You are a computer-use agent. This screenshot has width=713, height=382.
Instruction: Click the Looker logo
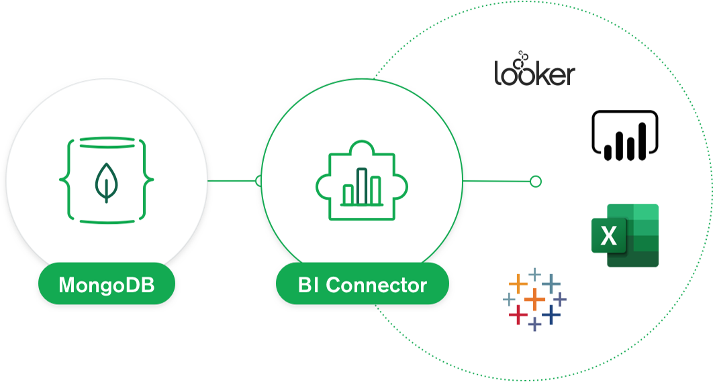tap(534, 70)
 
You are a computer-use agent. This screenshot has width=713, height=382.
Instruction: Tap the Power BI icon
tap(624, 136)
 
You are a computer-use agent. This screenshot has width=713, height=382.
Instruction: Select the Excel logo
tap(624, 235)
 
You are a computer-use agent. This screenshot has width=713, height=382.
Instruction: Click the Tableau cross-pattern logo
tap(534, 299)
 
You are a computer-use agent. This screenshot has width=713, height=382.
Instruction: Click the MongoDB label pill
tap(107, 285)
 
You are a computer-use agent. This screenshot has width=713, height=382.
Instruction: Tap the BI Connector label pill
tap(362, 285)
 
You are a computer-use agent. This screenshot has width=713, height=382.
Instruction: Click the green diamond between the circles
tap(234, 181)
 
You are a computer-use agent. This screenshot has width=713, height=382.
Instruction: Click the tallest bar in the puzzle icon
tap(362, 186)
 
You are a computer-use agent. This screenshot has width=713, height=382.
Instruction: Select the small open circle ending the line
tap(535, 181)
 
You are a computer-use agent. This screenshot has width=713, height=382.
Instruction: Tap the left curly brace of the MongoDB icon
tap(66, 180)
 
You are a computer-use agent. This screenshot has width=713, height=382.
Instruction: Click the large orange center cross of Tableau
tap(534, 299)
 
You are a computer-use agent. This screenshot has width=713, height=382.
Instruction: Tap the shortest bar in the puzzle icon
tap(348, 193)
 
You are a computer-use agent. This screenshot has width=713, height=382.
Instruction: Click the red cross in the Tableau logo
tap(518, 314)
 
